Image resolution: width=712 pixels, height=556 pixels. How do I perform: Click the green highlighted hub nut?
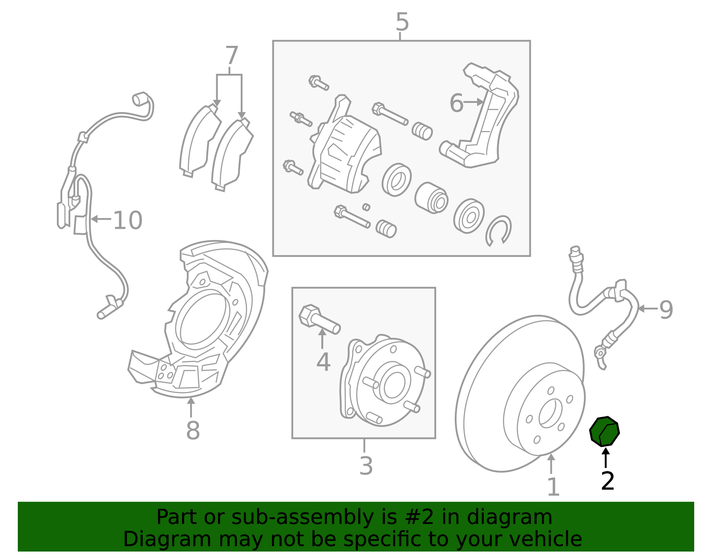pos(604,431)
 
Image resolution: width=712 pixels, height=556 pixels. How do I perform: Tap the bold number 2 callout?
pos(607,481)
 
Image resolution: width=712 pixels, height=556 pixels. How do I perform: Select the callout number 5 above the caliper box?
pos(402,22)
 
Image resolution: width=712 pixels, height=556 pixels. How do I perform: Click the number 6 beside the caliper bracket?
pos(456,103)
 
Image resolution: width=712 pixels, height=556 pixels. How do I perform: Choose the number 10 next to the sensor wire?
pos(128,220)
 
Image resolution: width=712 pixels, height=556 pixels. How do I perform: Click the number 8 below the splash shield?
pos(193,430)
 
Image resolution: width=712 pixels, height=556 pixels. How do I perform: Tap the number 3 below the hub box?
pos(366,466)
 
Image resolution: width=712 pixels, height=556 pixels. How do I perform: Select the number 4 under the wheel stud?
pos(323,362)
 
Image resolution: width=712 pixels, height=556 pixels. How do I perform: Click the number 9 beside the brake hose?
pos(666,310)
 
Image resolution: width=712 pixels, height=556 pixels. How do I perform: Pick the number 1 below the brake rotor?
pos(553,487)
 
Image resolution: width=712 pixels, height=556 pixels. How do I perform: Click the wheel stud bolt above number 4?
pos(319,319)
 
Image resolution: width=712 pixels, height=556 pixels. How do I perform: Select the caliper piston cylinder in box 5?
pos(431,197)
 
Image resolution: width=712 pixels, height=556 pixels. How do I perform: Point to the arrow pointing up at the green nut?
pos(605,458)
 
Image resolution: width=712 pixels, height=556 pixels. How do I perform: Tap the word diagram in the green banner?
pos(521,517)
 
